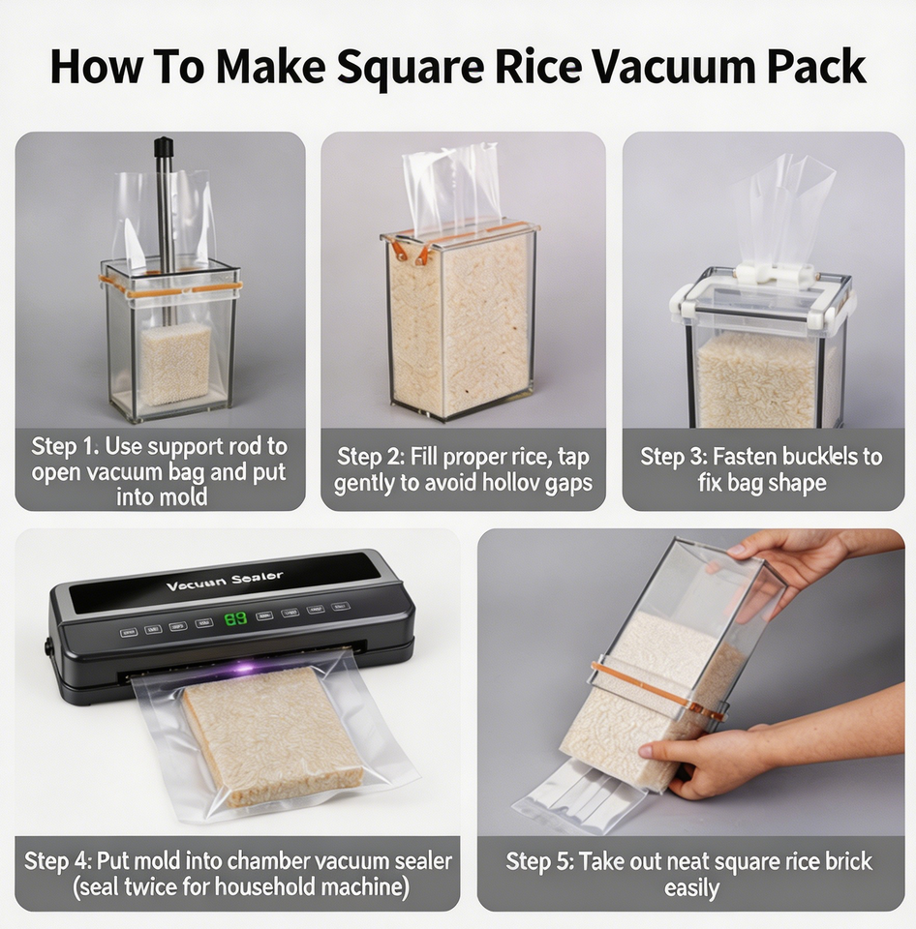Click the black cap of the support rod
(x=164, y=147)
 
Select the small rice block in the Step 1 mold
(x=175, y=364)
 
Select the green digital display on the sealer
(x=235, y=619)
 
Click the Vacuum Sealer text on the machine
(x=224, y=581)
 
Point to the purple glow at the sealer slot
(x=244, y=668)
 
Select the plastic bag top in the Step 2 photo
(x=450, y=188)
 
